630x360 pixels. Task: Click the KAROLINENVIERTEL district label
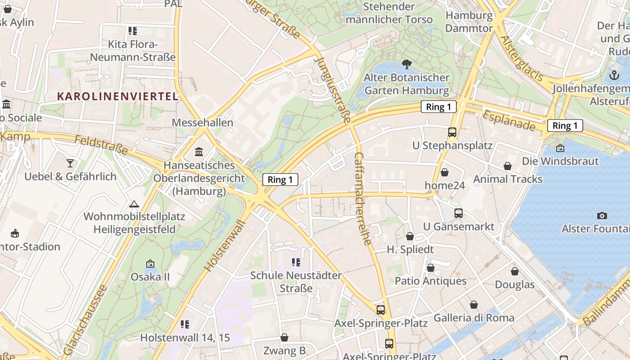pyautogui.click(x=118, y=96)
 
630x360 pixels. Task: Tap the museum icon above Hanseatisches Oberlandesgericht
pyautogui.click(x=199, y=152)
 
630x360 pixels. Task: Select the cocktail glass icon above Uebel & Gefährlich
pyautogui.click(x=70, y=163)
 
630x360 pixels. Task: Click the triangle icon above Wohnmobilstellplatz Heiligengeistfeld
pyautogui.click(x=134, y=204)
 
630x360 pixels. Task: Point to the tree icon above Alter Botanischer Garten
pyautogui.click(x=407, y=64)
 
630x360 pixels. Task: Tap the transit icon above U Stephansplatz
pyautogui.click(x=452, y=132)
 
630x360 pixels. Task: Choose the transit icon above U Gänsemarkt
pyautogui.click(x=459, y=213)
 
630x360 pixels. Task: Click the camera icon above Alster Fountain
pyautogui.click(x=602, y=216)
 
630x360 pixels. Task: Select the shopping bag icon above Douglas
pyautogui.click(x=514, y=271)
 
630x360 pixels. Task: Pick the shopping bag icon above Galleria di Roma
pyautogui.click(x=473, y=305)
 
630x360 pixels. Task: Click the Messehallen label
pyautogui.click(x=202, y=122)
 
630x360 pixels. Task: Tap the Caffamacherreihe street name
pyautogui.click(x=364, y=198)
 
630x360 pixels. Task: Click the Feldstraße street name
pyautogui.click(x=101, y=145)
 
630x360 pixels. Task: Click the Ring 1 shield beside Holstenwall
pyautogui.click(x=280, y=180)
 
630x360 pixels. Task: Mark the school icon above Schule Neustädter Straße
pyautogui.click(x=296, y=262)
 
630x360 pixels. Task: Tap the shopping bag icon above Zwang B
pyautogui.click(x=284, y=337)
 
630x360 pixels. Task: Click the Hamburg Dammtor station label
pyautogui.click(x=469, y=22)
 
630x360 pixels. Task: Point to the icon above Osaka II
pyautogui.click(x=150, y=264)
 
